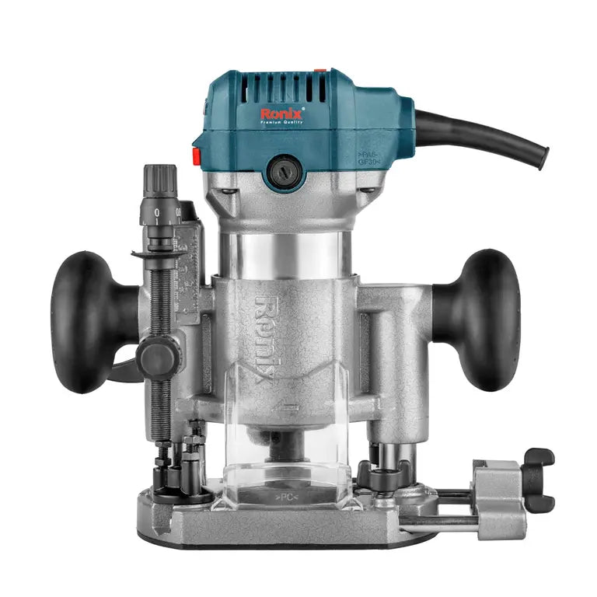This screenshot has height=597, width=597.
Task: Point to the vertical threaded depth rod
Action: point(164,326)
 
